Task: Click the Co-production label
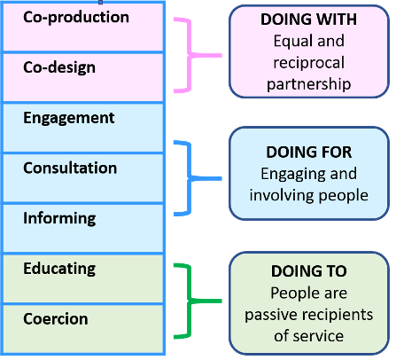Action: (76, 18)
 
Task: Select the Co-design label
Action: (59, 68)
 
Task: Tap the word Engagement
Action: (69, 119)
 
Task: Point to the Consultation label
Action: (70, 168)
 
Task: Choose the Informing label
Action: (59, 219)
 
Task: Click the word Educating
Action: (59, 270)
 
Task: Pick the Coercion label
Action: (56, 319)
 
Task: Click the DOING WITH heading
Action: (308, 20)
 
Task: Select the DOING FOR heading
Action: (309, 153)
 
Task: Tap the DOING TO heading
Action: (309, 271)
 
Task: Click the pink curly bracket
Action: (190, 55)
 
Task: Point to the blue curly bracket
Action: (190, 178)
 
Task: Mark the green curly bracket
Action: (190, 301)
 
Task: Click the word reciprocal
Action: (309, 63)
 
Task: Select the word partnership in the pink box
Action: (309, 84)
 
